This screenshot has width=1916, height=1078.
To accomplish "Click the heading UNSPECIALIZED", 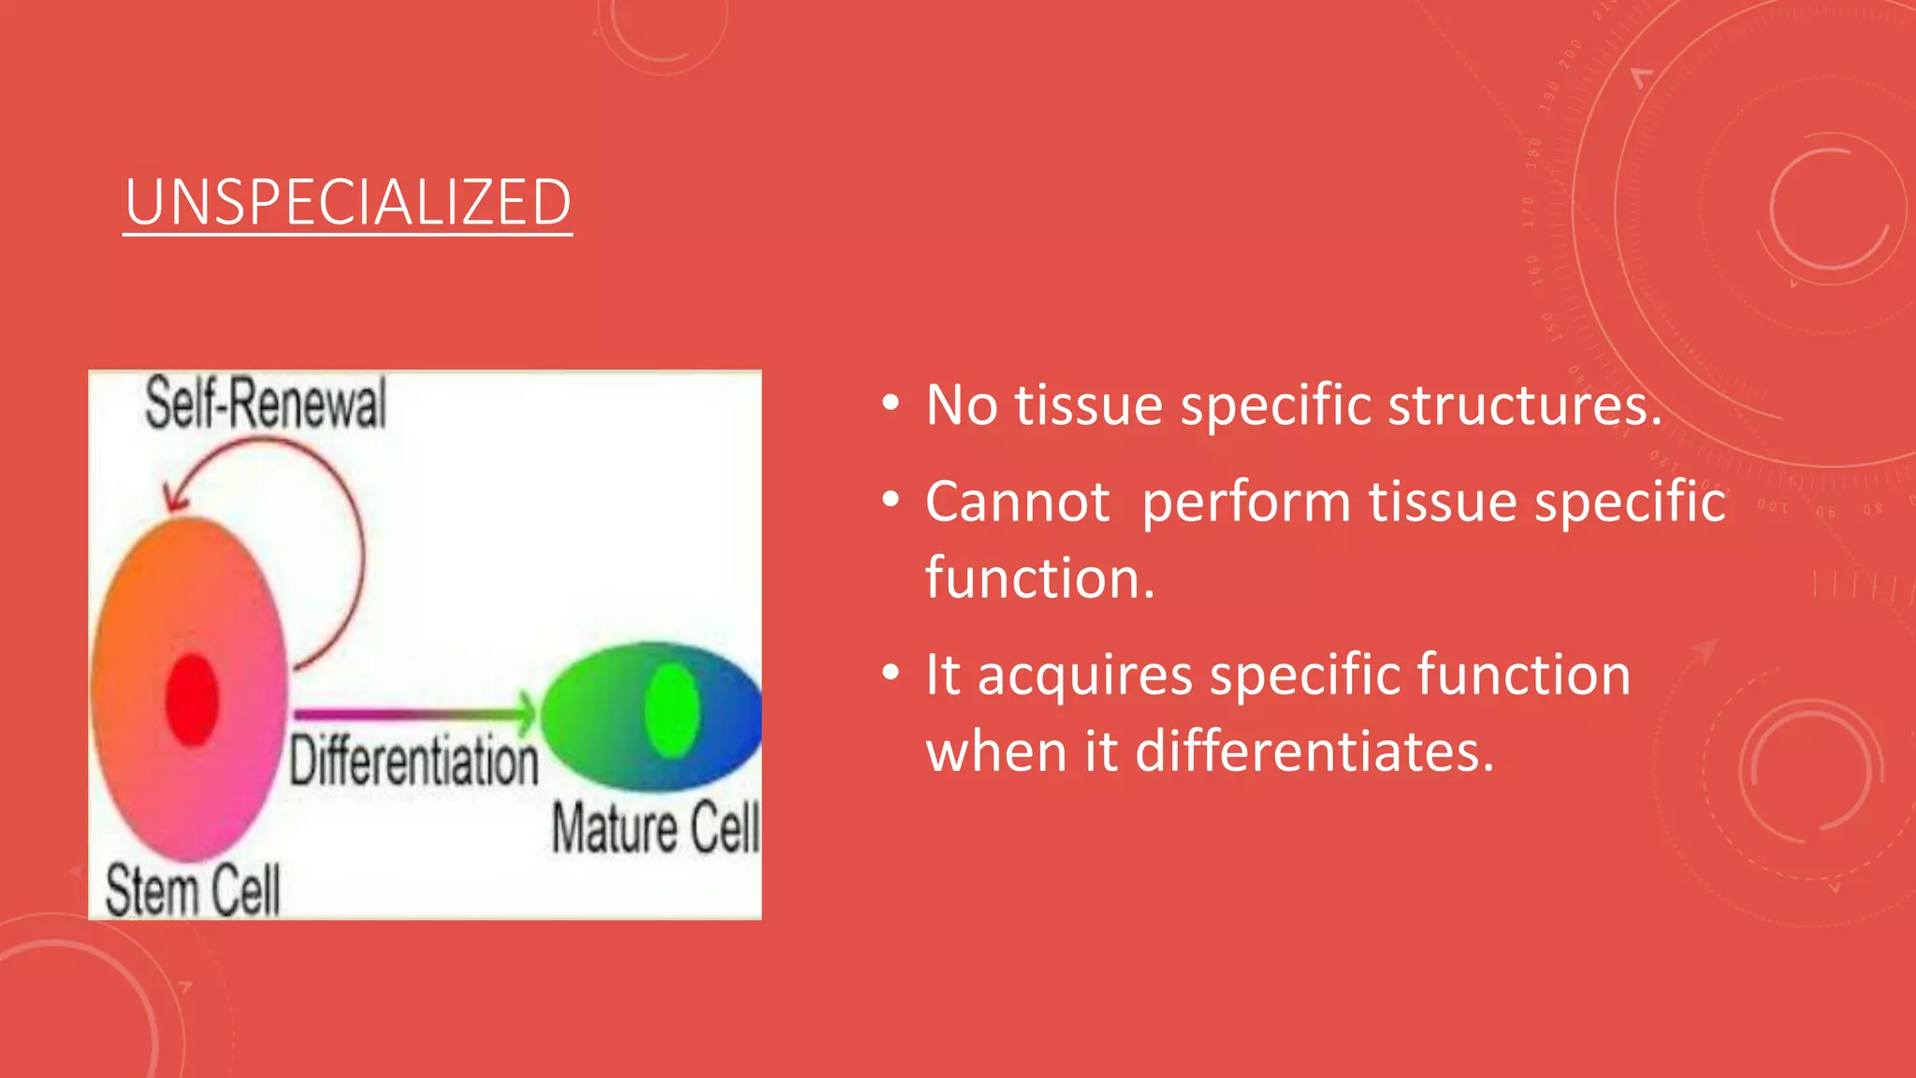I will coord(348,202).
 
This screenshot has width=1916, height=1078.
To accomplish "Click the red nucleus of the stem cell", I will coord(192,700).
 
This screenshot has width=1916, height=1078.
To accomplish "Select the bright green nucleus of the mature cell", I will coord(673,710).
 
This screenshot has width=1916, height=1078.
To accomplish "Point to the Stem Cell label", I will coord(192,890).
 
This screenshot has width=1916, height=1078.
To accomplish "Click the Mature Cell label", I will coord(655,828).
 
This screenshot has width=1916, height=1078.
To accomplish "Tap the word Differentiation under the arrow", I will coord(414,760).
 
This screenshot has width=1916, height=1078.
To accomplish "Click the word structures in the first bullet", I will coord(1525,405).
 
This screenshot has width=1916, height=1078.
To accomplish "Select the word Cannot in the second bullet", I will coord(1017,502).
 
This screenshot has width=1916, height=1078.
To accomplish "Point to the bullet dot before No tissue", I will coord(891,404).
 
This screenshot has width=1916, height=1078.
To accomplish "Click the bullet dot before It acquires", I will coord(891,673).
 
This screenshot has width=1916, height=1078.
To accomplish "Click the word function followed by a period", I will coord(1039,578).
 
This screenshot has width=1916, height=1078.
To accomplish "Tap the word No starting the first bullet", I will coord(961,405).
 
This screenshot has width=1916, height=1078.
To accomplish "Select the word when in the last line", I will coord(995,751).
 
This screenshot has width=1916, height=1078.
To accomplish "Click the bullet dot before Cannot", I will coord(891,500).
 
